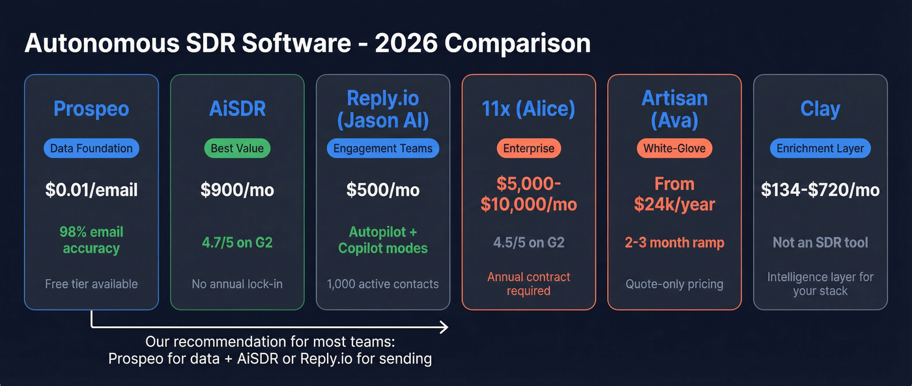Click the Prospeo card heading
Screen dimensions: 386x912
coord(91,108)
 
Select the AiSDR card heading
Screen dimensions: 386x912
coord(237,108)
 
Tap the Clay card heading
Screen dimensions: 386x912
coord(820,108)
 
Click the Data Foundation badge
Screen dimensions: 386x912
coord(91,148)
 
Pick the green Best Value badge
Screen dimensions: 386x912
coord(237,148)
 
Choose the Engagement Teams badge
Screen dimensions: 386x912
coord(383,148)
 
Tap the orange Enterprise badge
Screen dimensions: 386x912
coord(528,148)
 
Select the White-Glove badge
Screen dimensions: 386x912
coord(674,148)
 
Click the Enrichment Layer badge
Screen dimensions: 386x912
coord(820,148)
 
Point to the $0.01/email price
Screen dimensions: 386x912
coord(91,190)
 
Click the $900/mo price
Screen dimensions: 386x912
coord(237,190)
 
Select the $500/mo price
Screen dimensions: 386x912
coord(383,190)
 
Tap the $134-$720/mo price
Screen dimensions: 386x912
coord(820,190)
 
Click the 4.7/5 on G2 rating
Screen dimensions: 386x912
coord(237,243)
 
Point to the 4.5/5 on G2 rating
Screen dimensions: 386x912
coord(528,243)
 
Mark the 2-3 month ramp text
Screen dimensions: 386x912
coord(674,243)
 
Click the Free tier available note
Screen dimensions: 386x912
coord(91,284)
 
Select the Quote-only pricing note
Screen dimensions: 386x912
coord(674,284)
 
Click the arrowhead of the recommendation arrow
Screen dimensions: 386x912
coord(444,327)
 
